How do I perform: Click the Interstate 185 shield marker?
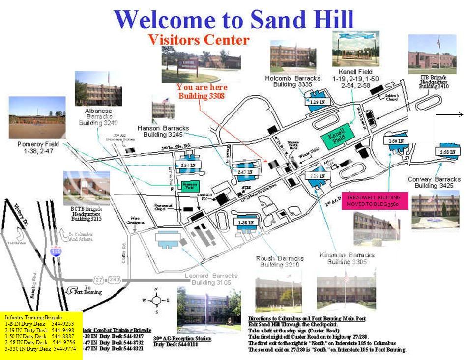click(x=56, y=251)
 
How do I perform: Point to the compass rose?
click(x=156, y=300)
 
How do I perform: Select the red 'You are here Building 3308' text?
click(x=201, y=91)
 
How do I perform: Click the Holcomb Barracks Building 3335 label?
click(x=293, y=81)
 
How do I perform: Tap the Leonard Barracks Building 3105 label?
click(x=211, y=279)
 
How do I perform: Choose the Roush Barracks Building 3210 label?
click(x=280, y=261)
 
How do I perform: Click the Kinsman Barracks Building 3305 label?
click(x=347, y=258)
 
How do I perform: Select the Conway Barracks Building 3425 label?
click(x=434, y=182)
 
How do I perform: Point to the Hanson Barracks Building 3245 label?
click(x=163, y=131)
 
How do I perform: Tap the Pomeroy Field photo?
click(x=37, y=117)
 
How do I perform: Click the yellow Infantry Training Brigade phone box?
click(x=41, y=335)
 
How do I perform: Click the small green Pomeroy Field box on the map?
click(x=189, y=186)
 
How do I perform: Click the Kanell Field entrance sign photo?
click(x=355, y=49)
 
